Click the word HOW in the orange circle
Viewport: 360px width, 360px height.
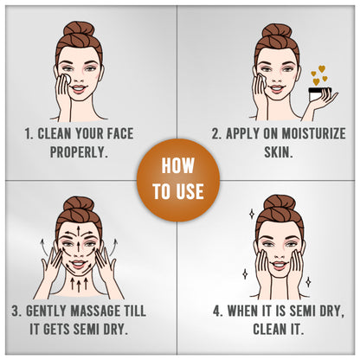pyautogui.click(x=177, y=165)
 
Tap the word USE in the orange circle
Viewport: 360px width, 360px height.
pyautogui.click(x=189, y=191)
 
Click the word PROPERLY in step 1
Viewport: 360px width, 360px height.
pyautogui.click(x=77, y=151)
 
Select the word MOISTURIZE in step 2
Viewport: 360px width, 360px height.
pyautogui.click(x=313, y=133)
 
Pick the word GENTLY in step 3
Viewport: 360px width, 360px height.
pyautogui.click(x=46, y=311)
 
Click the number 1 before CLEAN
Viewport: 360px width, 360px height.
pyautogui.click(x=28, y=133)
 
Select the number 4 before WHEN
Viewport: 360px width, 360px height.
pyautogui.click(x=217, y=311)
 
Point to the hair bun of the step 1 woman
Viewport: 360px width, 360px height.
pyautogui.click(x=79, y=29)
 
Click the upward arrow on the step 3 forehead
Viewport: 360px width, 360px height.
pyautogui.click(x=78, y=230)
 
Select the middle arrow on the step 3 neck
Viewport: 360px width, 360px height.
pyautogui.click(x=79, y=286)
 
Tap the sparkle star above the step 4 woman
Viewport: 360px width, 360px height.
pyautogui.click(x=252, y=214)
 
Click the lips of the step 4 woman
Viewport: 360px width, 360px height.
pyautogui.click(x=279, y=265)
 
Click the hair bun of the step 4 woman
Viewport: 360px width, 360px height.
pyautogui.click(x=280, y=202)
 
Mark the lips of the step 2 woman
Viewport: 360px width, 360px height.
pyautogui.click(x=277, y=88)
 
